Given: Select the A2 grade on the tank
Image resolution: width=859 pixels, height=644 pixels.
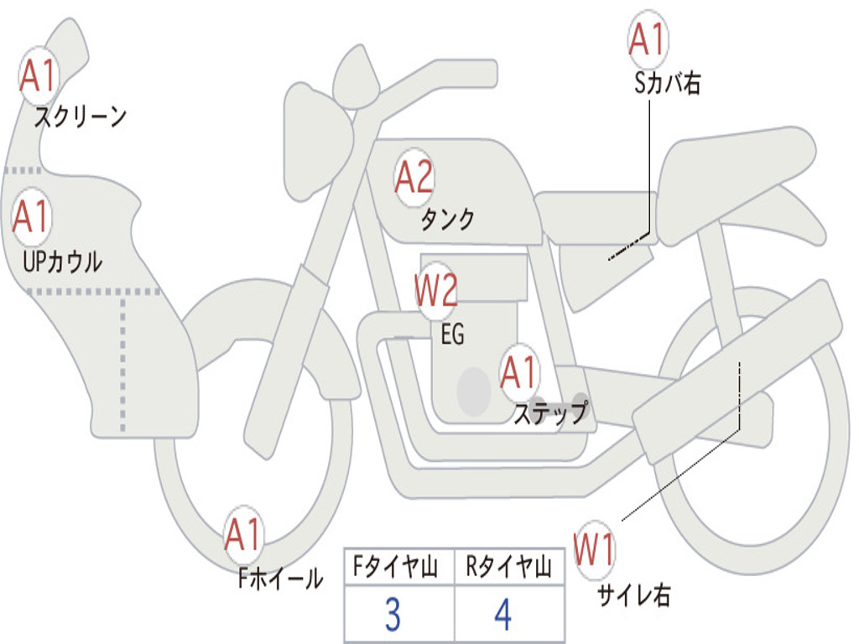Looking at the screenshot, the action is tap(414, 178).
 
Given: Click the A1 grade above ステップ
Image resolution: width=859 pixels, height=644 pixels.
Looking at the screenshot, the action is tap(519, 373).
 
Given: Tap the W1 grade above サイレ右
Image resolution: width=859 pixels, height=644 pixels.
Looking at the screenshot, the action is tap(595, 551).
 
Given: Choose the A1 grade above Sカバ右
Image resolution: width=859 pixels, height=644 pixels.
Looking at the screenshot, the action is tap(648, 39).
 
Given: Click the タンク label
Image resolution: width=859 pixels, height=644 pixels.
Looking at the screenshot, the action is tap(447, 220).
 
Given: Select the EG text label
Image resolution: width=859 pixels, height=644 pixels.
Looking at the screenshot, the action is tap(452, 335).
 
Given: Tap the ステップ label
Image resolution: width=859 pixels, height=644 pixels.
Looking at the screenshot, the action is tap(550, 413).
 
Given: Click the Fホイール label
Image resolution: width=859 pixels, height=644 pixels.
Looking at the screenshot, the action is tap(280, 578).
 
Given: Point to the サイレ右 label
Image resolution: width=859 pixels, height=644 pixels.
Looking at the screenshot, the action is tap(633, 595).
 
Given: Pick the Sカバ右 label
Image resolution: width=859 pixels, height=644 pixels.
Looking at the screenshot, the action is tap(668, 83).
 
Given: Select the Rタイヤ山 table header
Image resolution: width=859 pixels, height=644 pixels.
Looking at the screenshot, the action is tap(508, 569).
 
